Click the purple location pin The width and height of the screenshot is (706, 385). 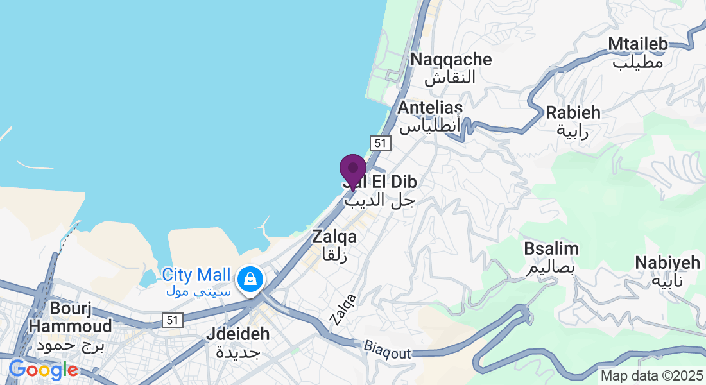[x=352, y=169]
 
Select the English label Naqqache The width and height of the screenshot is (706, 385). [x=451, y=60]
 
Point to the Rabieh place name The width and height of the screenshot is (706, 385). [x=573, y=112]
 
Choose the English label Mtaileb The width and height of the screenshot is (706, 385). [x=637, y=44]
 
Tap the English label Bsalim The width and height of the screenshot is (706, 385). [x=551, y=248]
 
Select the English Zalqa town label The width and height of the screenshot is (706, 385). [x=334, y=237]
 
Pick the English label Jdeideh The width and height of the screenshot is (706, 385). [x=237, y=334]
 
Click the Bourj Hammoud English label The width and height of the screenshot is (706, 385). [x=70, y=317]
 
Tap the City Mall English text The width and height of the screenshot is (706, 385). [x=196, y=275]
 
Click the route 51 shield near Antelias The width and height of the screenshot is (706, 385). [x=381, y=142]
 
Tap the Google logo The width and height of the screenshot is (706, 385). [x=43, y=370]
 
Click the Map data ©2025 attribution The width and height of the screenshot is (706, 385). [x=650, y=375]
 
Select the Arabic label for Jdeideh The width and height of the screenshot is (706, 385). [x=237, y=352]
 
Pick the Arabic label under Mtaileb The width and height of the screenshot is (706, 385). [x=637, y=62]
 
